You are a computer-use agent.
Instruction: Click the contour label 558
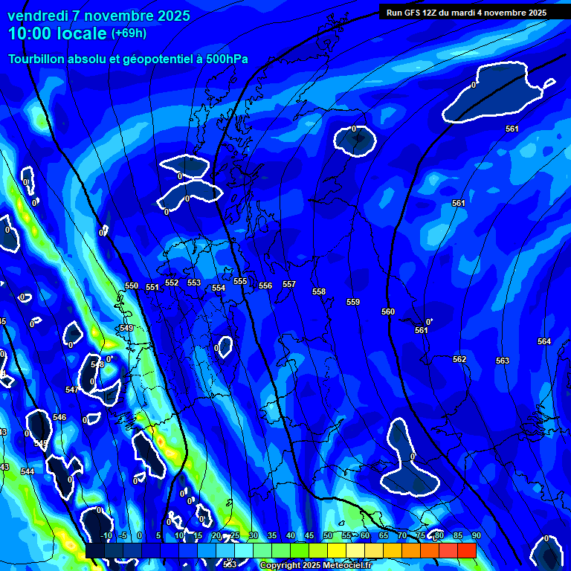[x=319, y=292]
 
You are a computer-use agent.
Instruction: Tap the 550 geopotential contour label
[x=132, y=285]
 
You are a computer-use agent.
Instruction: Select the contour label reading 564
[x=544, y=341]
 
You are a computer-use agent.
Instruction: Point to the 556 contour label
[x=265, y=285]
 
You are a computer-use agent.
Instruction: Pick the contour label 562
[x=459, y=359]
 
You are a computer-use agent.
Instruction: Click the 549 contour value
[x=126, y=328]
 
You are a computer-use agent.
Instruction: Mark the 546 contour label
[x=59, y=417]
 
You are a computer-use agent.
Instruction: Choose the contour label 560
[x=388, y=312]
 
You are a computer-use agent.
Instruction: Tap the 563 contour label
[x=503, y=361]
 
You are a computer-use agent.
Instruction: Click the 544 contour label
[x=28, y=471]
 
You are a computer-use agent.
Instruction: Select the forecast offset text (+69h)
[x=129, y=33]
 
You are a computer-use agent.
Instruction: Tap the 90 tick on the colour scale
[x=476, y=535]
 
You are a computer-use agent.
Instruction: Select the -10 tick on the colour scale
[x=106, y=535]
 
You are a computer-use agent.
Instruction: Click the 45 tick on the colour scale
[x=309, y=535]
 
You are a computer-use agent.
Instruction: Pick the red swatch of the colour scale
[x=466, y=550]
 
